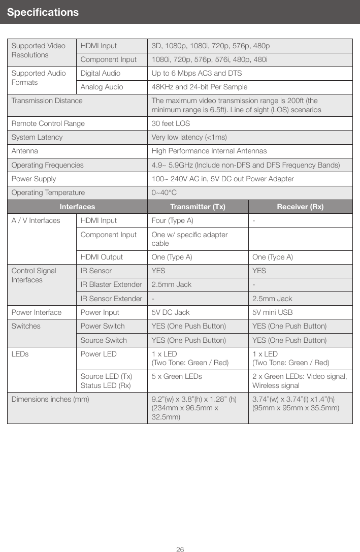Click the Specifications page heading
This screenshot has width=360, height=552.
coord(43,12)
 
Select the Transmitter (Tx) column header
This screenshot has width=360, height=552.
coord(198,207)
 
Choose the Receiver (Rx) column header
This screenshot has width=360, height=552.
coord(300,207)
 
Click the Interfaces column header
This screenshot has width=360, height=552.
coord(77,207)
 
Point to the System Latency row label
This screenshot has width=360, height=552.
coord(37,137)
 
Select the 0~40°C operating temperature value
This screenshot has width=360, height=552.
coord(165,193)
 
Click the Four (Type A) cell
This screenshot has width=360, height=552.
coord(172,220)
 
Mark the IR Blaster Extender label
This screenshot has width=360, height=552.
coord(111,284)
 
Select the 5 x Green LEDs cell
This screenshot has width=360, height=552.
coord(177,376)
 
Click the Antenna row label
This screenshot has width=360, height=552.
coord(24,151)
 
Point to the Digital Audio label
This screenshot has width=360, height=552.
coord(101,73)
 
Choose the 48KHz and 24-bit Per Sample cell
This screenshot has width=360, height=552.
coord(200,87)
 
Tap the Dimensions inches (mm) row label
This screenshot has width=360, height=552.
coord(50,399)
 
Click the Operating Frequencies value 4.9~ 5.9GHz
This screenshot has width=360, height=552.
coord(246,165)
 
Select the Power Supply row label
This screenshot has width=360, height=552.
coord(34,179)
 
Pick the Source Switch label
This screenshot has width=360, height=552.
coord(104,340)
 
